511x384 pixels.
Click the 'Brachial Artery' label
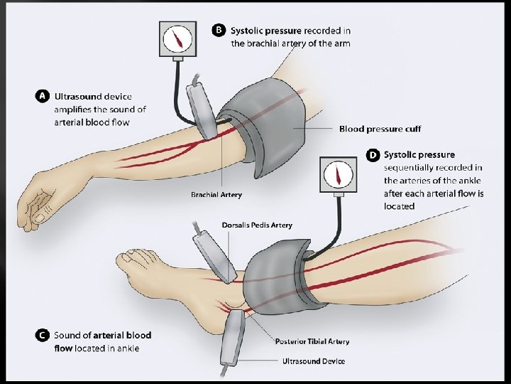pyautogui.click(x=216, y=194)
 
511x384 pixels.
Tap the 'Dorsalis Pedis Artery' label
pyautogui.click(x=257, y=225)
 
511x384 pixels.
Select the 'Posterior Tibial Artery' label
pyautogui.click(x=312, y=342)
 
